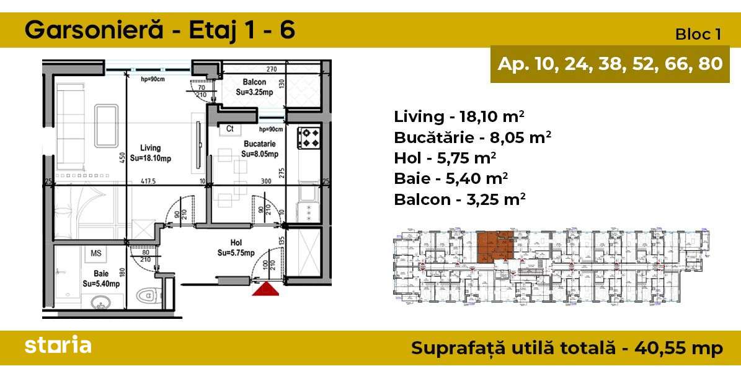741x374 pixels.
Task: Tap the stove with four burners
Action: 308,137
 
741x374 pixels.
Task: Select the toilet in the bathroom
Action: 146,295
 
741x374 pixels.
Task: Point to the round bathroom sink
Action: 100,303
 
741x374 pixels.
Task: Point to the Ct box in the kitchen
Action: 229,129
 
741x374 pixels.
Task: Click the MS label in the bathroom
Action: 96,253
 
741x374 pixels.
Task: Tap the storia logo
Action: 58,346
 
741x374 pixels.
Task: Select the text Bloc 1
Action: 698,35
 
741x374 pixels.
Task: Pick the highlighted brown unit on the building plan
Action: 495,246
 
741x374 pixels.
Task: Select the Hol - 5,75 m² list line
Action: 445,158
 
